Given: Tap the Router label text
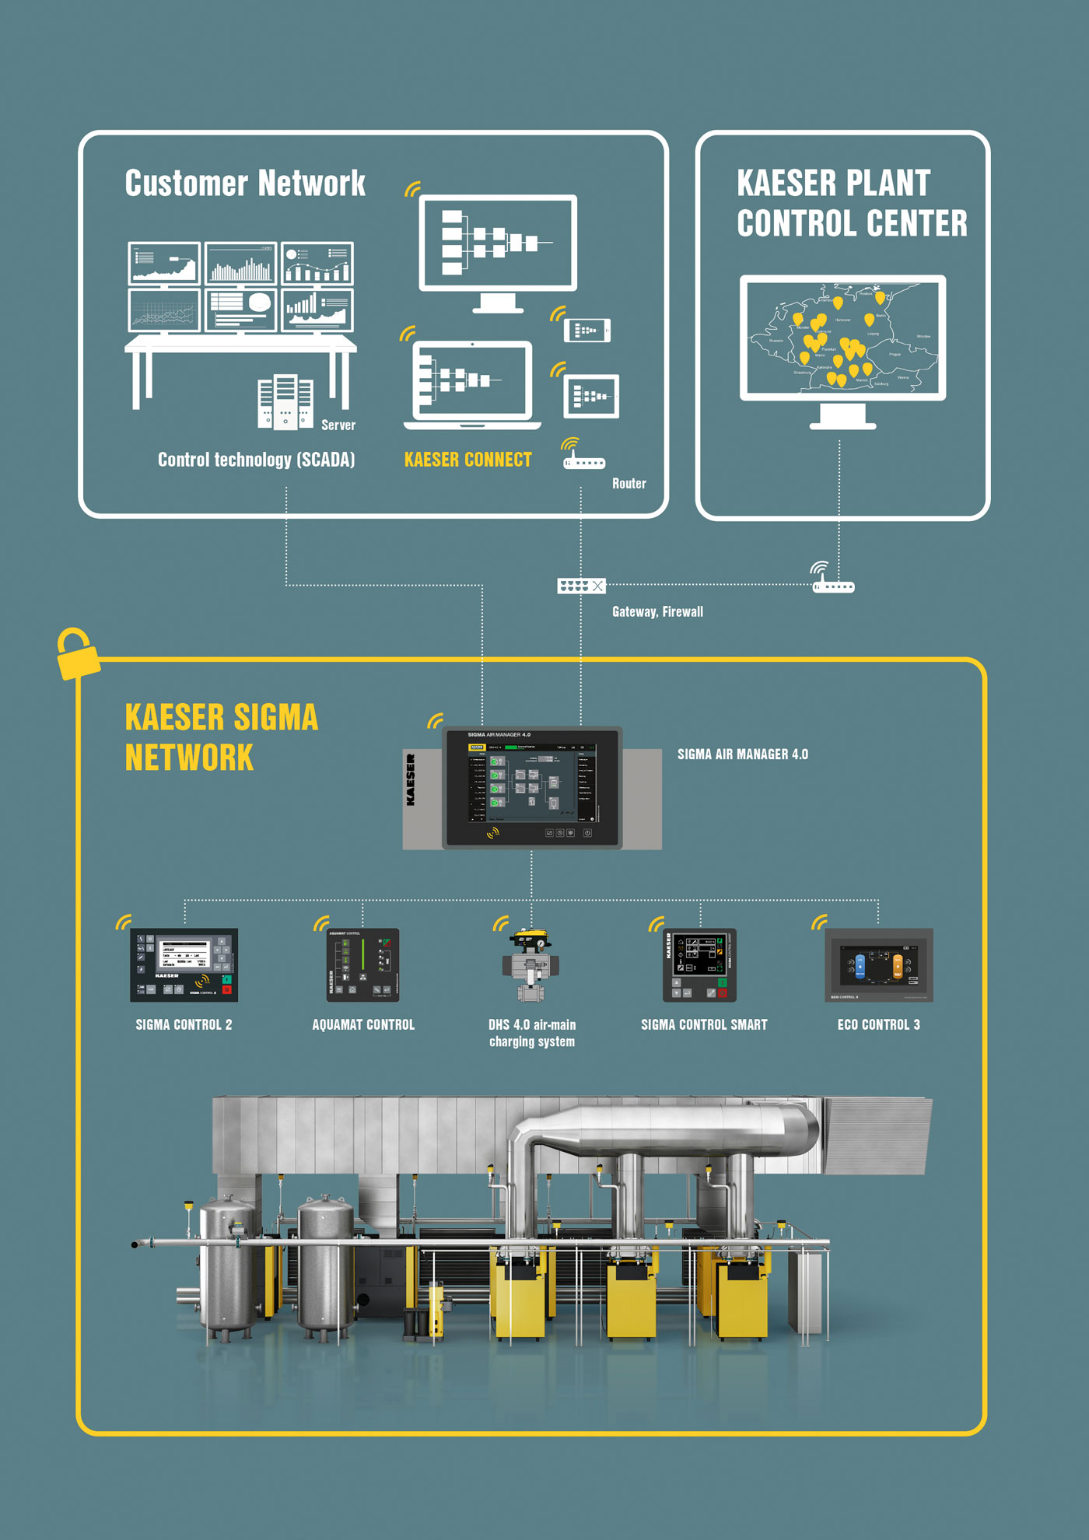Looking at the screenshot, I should (x=629, y=484).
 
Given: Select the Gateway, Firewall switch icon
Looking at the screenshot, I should (x=581, y=586).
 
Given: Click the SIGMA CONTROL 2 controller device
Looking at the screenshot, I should (x=184, y=964).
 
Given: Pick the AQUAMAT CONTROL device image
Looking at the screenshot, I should (x=362, y=964).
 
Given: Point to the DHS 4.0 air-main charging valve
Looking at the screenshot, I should (x=531, y=964).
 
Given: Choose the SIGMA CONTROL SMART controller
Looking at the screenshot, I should (x=699, y=964).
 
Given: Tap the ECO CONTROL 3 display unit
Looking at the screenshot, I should (x=878, y=964).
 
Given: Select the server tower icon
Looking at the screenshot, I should (x=285, y=401).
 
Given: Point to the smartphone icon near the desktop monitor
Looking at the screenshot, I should (x=587, y=330).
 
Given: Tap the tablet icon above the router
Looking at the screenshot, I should (x=591, y=396).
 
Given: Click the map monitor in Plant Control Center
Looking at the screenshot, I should (x=842, y=338).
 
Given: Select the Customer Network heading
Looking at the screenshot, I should (x=245, y=184).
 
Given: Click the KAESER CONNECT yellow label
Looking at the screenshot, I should (x=467, y=460).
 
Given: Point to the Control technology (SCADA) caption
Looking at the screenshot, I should (x=256, y=460).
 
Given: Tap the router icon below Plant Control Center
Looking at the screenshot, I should (x=832, y=586).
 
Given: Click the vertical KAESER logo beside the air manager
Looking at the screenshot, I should (x=411, y=779).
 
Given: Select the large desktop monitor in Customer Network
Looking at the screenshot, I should (x=498, y=243).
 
